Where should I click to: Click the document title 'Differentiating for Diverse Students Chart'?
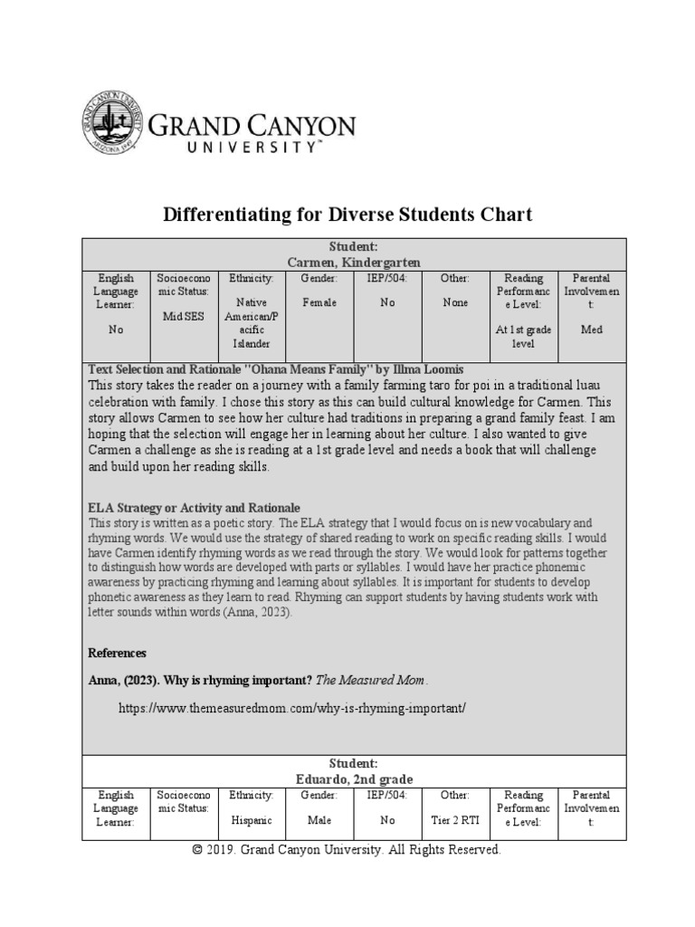coord(347,215)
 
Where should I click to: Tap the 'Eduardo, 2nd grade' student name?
coord(354,779)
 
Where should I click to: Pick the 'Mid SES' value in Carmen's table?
coord(184,317)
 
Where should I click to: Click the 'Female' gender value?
coord(319,302)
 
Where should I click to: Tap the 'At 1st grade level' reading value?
coord(523,337)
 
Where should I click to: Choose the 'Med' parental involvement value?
coord(591,330)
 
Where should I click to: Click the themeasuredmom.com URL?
coord(292,707)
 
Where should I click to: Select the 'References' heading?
coord(117,653)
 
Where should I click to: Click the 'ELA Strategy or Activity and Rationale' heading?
coord(194,508)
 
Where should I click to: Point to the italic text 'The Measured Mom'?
coord(370,680)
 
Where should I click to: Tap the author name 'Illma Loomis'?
coord(430,369)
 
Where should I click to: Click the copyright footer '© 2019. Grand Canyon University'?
coord(347,850)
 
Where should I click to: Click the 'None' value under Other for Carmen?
coord(455,302)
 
